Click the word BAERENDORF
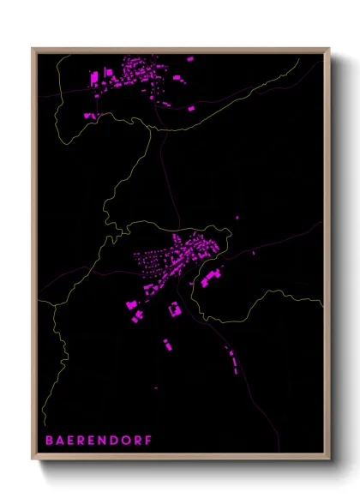(x=99, y=441)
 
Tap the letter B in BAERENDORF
(x=49, y=441)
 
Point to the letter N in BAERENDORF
(x=104, y=441)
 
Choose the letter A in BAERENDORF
(x=60, y=441)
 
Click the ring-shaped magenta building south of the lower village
(x=174, y=308)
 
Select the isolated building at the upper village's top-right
(x=190, y=59)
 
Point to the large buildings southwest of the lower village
(x=134, y=302)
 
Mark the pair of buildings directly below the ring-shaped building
(x=168, y=345)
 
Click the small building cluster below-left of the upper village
(x=88, y=112)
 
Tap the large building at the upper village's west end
(x=95, y=78)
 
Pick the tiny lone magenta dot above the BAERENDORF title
(x=156, y=387)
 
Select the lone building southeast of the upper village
(x=190, y=109)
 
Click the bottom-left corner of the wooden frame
(x=34, y=459)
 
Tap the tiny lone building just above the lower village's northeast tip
(x=236, y=218)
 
